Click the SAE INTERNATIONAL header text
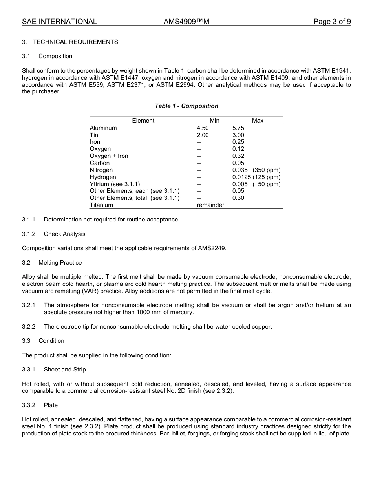59,22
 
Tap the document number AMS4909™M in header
186,22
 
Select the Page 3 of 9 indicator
332,22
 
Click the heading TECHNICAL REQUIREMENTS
75,42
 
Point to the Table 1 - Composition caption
186,106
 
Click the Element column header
143,121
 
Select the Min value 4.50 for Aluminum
203,128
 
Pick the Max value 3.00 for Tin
238,135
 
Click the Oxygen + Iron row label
109,156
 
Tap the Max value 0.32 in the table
238,156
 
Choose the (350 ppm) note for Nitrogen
267,170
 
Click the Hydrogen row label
103,177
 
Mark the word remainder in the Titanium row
210,205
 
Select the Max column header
258,121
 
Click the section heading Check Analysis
64,234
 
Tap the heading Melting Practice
60,263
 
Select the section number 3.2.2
29,327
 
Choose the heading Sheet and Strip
65,370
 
